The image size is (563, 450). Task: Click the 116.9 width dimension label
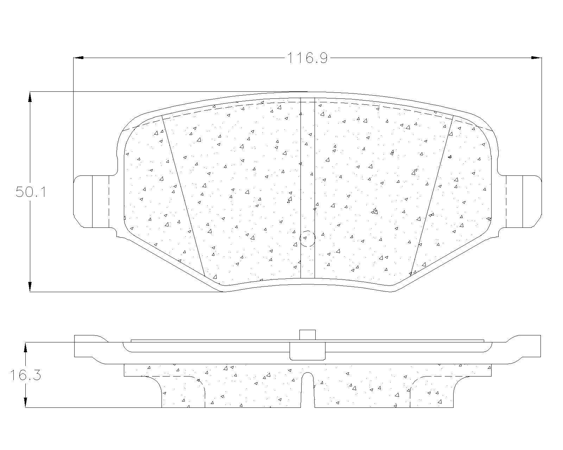point(308,58)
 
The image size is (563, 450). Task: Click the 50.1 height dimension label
point(31,192)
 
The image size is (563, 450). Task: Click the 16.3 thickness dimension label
point(26,375)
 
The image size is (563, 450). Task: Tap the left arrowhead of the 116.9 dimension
point(78,58)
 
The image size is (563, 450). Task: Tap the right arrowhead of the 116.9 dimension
point(536,58)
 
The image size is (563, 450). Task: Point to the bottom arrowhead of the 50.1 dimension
point(30,287)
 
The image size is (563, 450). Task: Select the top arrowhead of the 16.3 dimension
point(25,347)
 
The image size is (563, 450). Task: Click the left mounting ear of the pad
point(91,201)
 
